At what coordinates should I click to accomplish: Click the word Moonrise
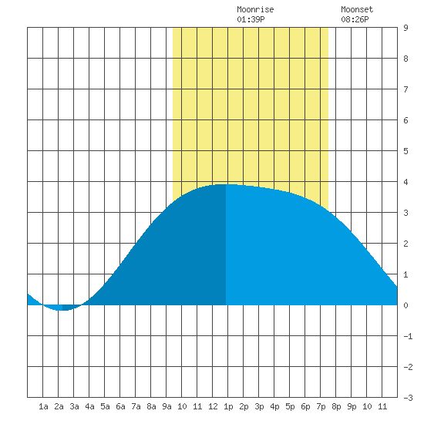pyautogui.click(x=255, y=9)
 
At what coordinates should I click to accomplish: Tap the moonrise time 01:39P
pyautogui.click(x=251, y=19)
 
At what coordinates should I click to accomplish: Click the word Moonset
pyautogui.click(x=357, y=9)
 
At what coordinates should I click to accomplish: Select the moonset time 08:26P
pyautogui.click(x=355, y=19)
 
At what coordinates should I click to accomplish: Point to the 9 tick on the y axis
pyautogui.click(x=405, y=28)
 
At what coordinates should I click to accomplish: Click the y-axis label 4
pyautogui.click(x=405, y=182)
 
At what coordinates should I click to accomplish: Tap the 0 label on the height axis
pyautogui.click(x=405, y=305)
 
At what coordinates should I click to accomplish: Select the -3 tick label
pyautogui.click(x=408, y=398)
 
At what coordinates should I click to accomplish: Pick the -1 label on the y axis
pyautogui.click(x=408, y=336)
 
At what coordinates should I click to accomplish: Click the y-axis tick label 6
pyautogui.click(x=405, y=120)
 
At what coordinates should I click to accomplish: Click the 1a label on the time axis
pyautogui.click(x=43, y=406)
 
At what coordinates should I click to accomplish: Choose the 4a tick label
pyautogui.click(x=89, y=406)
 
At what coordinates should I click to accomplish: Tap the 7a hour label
pyautogui.click(x=136, y=406)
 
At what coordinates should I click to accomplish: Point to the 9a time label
pyautogui.click(x=167, y=406)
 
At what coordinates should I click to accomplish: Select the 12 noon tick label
pyautogui.click(x=213, y=406)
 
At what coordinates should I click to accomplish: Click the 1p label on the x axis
pyautogui.click(x=228, y=406)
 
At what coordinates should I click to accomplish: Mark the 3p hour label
pyautogui.click(x=259, y=406)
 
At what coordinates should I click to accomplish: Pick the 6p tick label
pyautogui.click(x=305, y=406)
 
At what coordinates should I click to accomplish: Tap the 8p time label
pyautogui.click(x=336, y=406)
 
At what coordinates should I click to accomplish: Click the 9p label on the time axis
pyautogui.click(x=352, y=406)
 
